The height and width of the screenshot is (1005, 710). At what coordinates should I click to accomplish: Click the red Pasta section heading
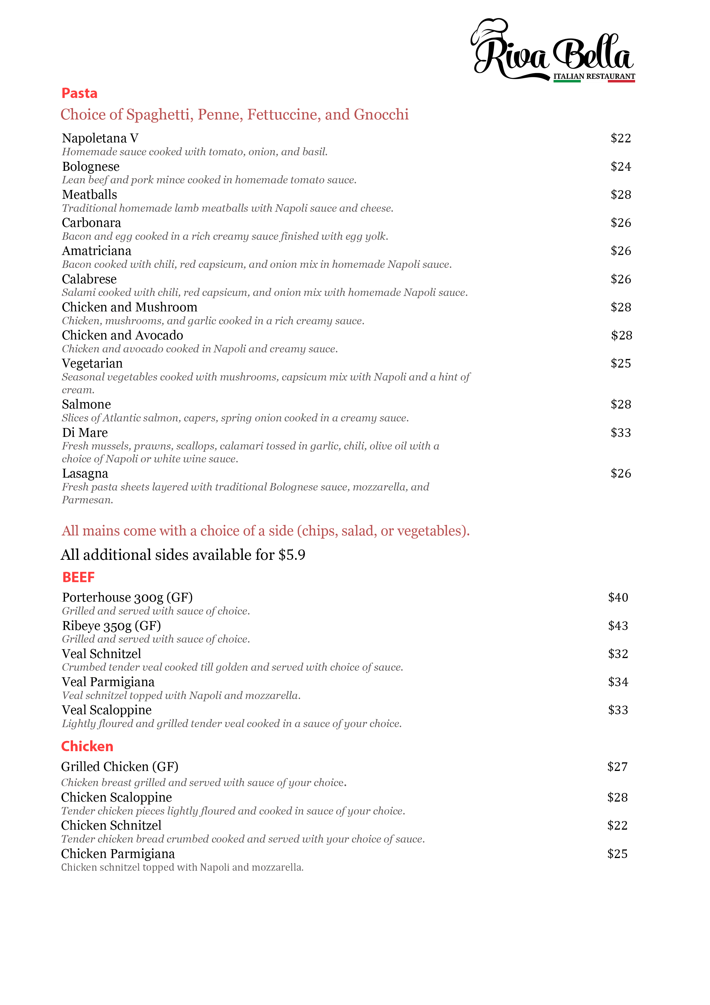pyautogui.click(x=79, y=93)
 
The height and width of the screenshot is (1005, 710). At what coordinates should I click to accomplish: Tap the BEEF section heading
pyautogui.click(x=78, y=577)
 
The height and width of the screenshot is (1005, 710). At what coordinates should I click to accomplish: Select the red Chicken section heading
pyautogui.click(x=87, y=746)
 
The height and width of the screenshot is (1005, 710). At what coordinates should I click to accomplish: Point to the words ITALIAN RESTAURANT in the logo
pyautogui.click(x=594, y=76)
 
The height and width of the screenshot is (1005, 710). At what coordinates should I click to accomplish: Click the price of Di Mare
pyautogui.click(x=620, y=433)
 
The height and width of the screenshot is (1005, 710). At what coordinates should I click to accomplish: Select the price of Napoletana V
pyautogui.click(x=620, y=138)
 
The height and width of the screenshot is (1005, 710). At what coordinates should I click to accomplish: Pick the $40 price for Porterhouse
pyautogui.click(x=618, y=598)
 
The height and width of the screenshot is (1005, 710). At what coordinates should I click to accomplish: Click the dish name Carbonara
pyautogui.click(x=91, y=223)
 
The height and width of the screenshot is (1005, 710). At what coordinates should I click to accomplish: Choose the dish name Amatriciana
pyautogui.click(x=97, y=251)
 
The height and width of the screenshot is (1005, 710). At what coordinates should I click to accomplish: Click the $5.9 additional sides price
pyautogui.click(x=292, y=555)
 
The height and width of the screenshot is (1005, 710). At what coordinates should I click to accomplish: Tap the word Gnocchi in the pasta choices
pyautogui.click(x=381, y=115)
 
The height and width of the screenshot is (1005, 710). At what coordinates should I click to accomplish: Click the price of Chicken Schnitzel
pyautogui.click(x=617, y=826)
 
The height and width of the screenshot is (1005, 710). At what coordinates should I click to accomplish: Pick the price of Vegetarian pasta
pyautogui.click(x=620, y=363)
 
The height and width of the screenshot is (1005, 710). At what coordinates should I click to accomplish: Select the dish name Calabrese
pyautogui.click(x=89, y=279)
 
